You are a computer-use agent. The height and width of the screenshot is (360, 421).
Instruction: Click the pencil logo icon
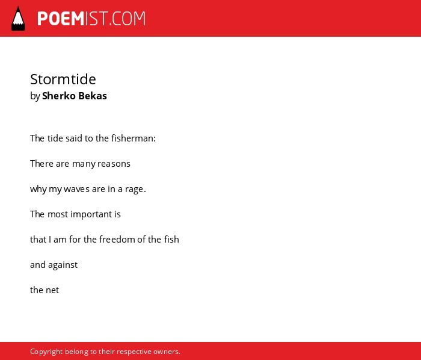(x=18, y=19)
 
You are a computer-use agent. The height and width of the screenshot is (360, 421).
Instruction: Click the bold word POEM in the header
(x=61, y=19)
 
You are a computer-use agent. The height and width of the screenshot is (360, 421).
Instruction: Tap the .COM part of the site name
(x=127, y=19)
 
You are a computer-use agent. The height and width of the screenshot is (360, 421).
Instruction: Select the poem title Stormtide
(x=63, y=79)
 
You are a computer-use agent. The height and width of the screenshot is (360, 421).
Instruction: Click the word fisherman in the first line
(x=134, y=138)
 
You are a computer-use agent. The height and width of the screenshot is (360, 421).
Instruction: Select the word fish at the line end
(x=171, y=240)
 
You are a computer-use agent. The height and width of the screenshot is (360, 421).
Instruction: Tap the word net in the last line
(x=52, y=290)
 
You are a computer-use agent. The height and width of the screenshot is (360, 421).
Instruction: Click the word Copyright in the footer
(x=46, y=352)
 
